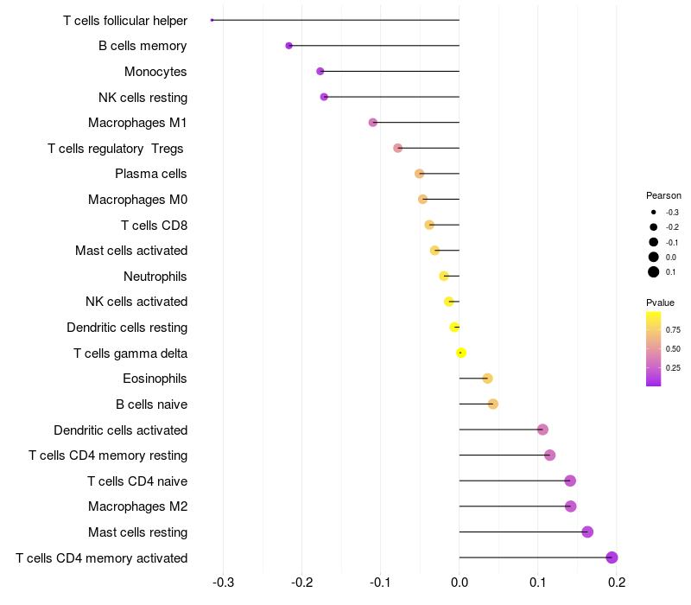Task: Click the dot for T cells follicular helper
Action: [x=212, y=20]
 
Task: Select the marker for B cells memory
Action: [x=288, y=46]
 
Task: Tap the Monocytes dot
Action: [x=320, y=71]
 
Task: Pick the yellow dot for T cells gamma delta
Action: [x=461, y=353]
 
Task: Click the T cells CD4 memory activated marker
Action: [x=612, y=557]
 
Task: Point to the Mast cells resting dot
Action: [x=587, y=532]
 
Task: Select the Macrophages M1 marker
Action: [x=373, y=123]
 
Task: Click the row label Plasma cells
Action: [x=151, y=174]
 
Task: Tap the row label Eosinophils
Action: [x=155, y=379]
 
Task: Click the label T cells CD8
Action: [x=155, y=226]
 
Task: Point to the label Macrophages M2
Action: [x=138, y=506]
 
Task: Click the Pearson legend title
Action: [x=663, y=195]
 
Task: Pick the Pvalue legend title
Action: [x=661, y=302]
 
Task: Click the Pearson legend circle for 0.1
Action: [x=654, y=272]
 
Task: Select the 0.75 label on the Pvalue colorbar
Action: [x=673, y=329]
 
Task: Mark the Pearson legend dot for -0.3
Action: [x=654, y=213]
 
